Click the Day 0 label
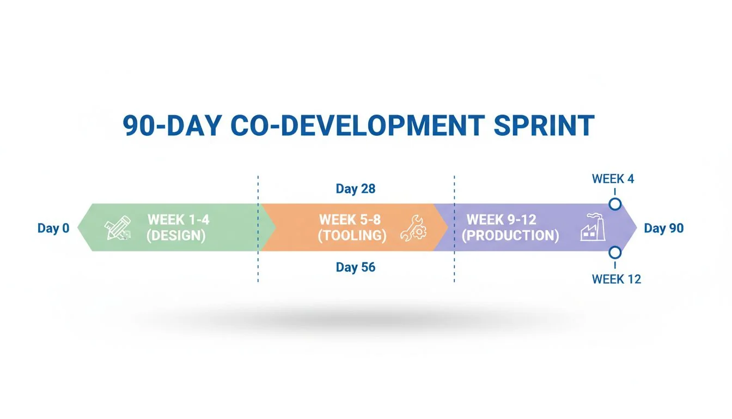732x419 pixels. pyautogui.click(x=53, y=228)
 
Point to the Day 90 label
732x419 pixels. pyautogui.click(x=663, y=228)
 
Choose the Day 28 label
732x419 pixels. pyautogui.click(x=356, y=189)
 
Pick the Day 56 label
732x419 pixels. pyautogui.click(x=356, y=267)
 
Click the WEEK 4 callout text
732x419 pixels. pyautogui.click(x=613, y=179)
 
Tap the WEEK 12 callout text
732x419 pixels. pyautogui.click(x=617, y=279)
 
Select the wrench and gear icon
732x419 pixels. pyautogui.click(x=413, y=228)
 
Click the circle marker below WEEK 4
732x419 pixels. pyautogui.click(x=615, y=204)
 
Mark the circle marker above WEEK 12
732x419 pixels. pyautogui.click(x=615, y=253)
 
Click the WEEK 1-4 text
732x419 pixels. pyautogui.click(x=179, y=220)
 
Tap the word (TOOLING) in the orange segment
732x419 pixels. pyautogui.click(x=352, y=236)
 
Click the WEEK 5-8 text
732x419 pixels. pyautogui.click(x=350, y=220)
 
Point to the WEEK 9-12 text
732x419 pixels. pyautogui.click(x=502, y=220)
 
